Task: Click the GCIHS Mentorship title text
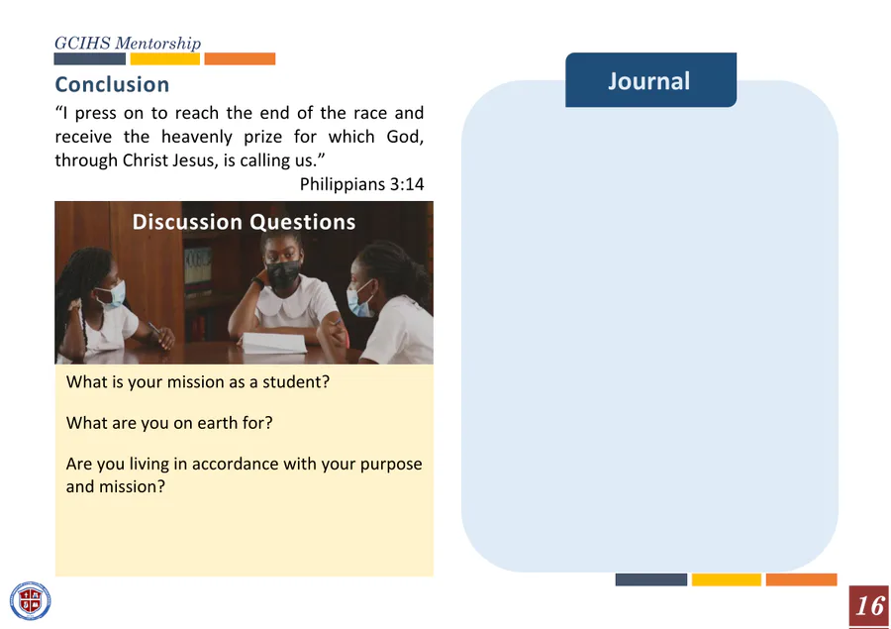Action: (128, 44)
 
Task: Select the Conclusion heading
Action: (112, 85)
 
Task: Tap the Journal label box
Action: (650, 80)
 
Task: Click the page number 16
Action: (869, 606)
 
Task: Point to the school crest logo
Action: (30, 601)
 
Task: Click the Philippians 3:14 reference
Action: (362, 184)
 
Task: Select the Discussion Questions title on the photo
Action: (244, 222)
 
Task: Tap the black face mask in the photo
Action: (283, 273)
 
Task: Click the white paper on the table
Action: (273, 343)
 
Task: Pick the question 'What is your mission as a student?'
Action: (198, 382)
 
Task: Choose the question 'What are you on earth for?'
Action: (169, 423)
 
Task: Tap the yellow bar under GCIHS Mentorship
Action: (164, 58)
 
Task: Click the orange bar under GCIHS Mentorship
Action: (240, 58)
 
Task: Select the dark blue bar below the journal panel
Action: (651, 579)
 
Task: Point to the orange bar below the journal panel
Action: (801, 579)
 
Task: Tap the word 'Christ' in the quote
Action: (145, 160)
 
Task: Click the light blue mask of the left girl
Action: (113, 294)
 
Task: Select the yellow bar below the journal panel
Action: (727, 579)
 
